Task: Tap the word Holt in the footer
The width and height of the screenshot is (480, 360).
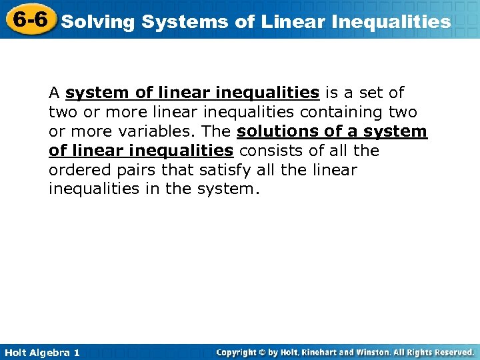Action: pyautogui.click(x=16, y=352)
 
